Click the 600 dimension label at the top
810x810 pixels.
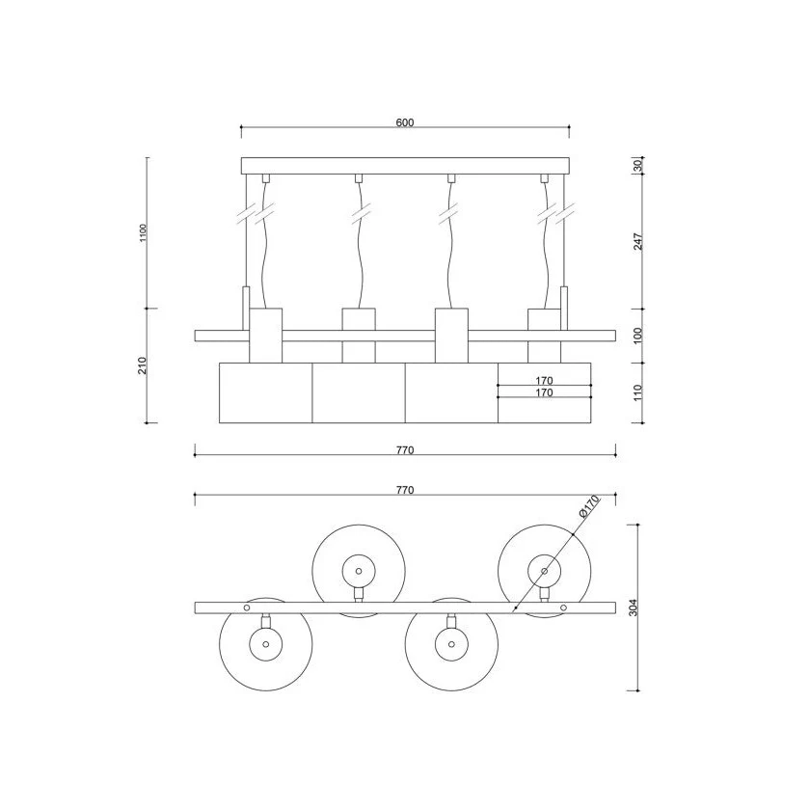[405, 122]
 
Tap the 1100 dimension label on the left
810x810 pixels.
[144, 232]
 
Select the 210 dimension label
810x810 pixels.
[143, 365]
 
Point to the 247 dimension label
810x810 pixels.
[638, 241]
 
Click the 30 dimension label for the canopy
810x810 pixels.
[637, 165]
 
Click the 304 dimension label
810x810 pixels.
[634, 607]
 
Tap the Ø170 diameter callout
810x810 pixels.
[589, 506]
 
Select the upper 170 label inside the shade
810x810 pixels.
[544, 380]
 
